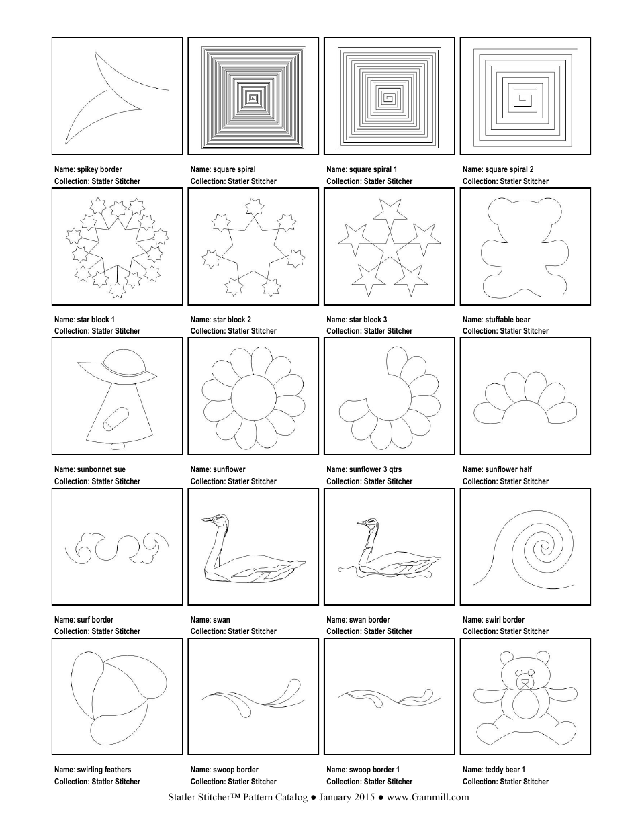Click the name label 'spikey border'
(x=88, y=169)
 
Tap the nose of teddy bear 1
(x=525, y=680)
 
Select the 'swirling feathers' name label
(x=93, y=770)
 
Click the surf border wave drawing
(x=117, y=547)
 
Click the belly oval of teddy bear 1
(x=525, y=706)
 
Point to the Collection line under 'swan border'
(x=369, y=631)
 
